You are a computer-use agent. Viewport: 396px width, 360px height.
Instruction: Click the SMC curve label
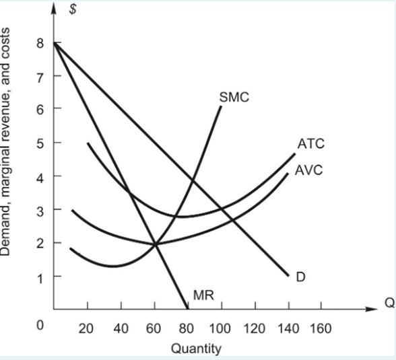tap(234, 97)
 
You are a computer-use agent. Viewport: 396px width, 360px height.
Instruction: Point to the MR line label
tap(203, 295)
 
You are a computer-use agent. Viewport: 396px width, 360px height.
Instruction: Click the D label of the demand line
tap(301, 276)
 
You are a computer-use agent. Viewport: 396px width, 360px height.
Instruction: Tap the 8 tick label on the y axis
tap(40, 42)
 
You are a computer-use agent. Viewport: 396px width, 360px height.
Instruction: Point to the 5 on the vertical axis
tap(40, 143)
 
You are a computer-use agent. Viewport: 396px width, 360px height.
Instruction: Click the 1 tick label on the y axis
tap(40, 277)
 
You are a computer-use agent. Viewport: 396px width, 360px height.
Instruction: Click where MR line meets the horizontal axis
tap(187, 310)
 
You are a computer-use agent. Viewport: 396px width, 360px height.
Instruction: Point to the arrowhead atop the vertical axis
tap(54, 7)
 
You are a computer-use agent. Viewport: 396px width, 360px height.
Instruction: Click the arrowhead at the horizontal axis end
tap(369, 310)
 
